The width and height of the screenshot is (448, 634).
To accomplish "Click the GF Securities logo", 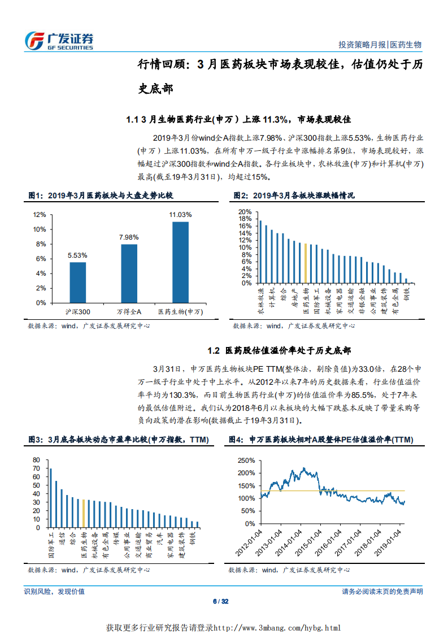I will tap(59, 41).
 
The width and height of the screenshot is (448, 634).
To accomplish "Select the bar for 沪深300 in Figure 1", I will tap(78, 282).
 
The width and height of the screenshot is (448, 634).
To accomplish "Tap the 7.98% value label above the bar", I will tap(129, 237).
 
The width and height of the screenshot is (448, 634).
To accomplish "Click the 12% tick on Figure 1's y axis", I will tap(40, 215).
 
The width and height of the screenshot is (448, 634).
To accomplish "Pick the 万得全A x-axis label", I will tap(129, 311).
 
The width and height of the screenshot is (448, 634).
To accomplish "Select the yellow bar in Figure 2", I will tap(306, 263).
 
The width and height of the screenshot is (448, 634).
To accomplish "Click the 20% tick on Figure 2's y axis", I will tap(245, 212).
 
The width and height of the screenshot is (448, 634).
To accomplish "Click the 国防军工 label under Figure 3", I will tap(50, 544).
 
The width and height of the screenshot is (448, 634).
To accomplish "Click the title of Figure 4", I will tap(321, 440).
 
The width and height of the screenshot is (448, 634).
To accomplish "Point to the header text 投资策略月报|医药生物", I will tap(380, 45).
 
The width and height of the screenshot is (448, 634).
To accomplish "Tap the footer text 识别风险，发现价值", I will tap(54, 591).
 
